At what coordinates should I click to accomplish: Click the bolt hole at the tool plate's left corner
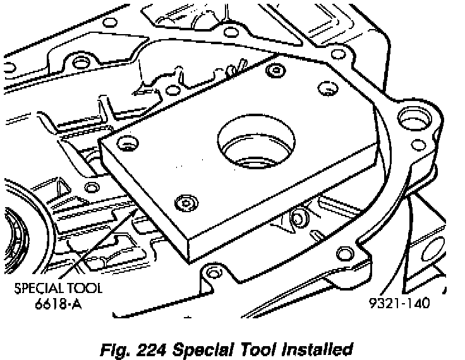(x=126, y=144)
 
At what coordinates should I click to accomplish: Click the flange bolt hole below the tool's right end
(x=345, y=254)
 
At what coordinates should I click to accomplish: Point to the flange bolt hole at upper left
(x=79, y=62)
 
